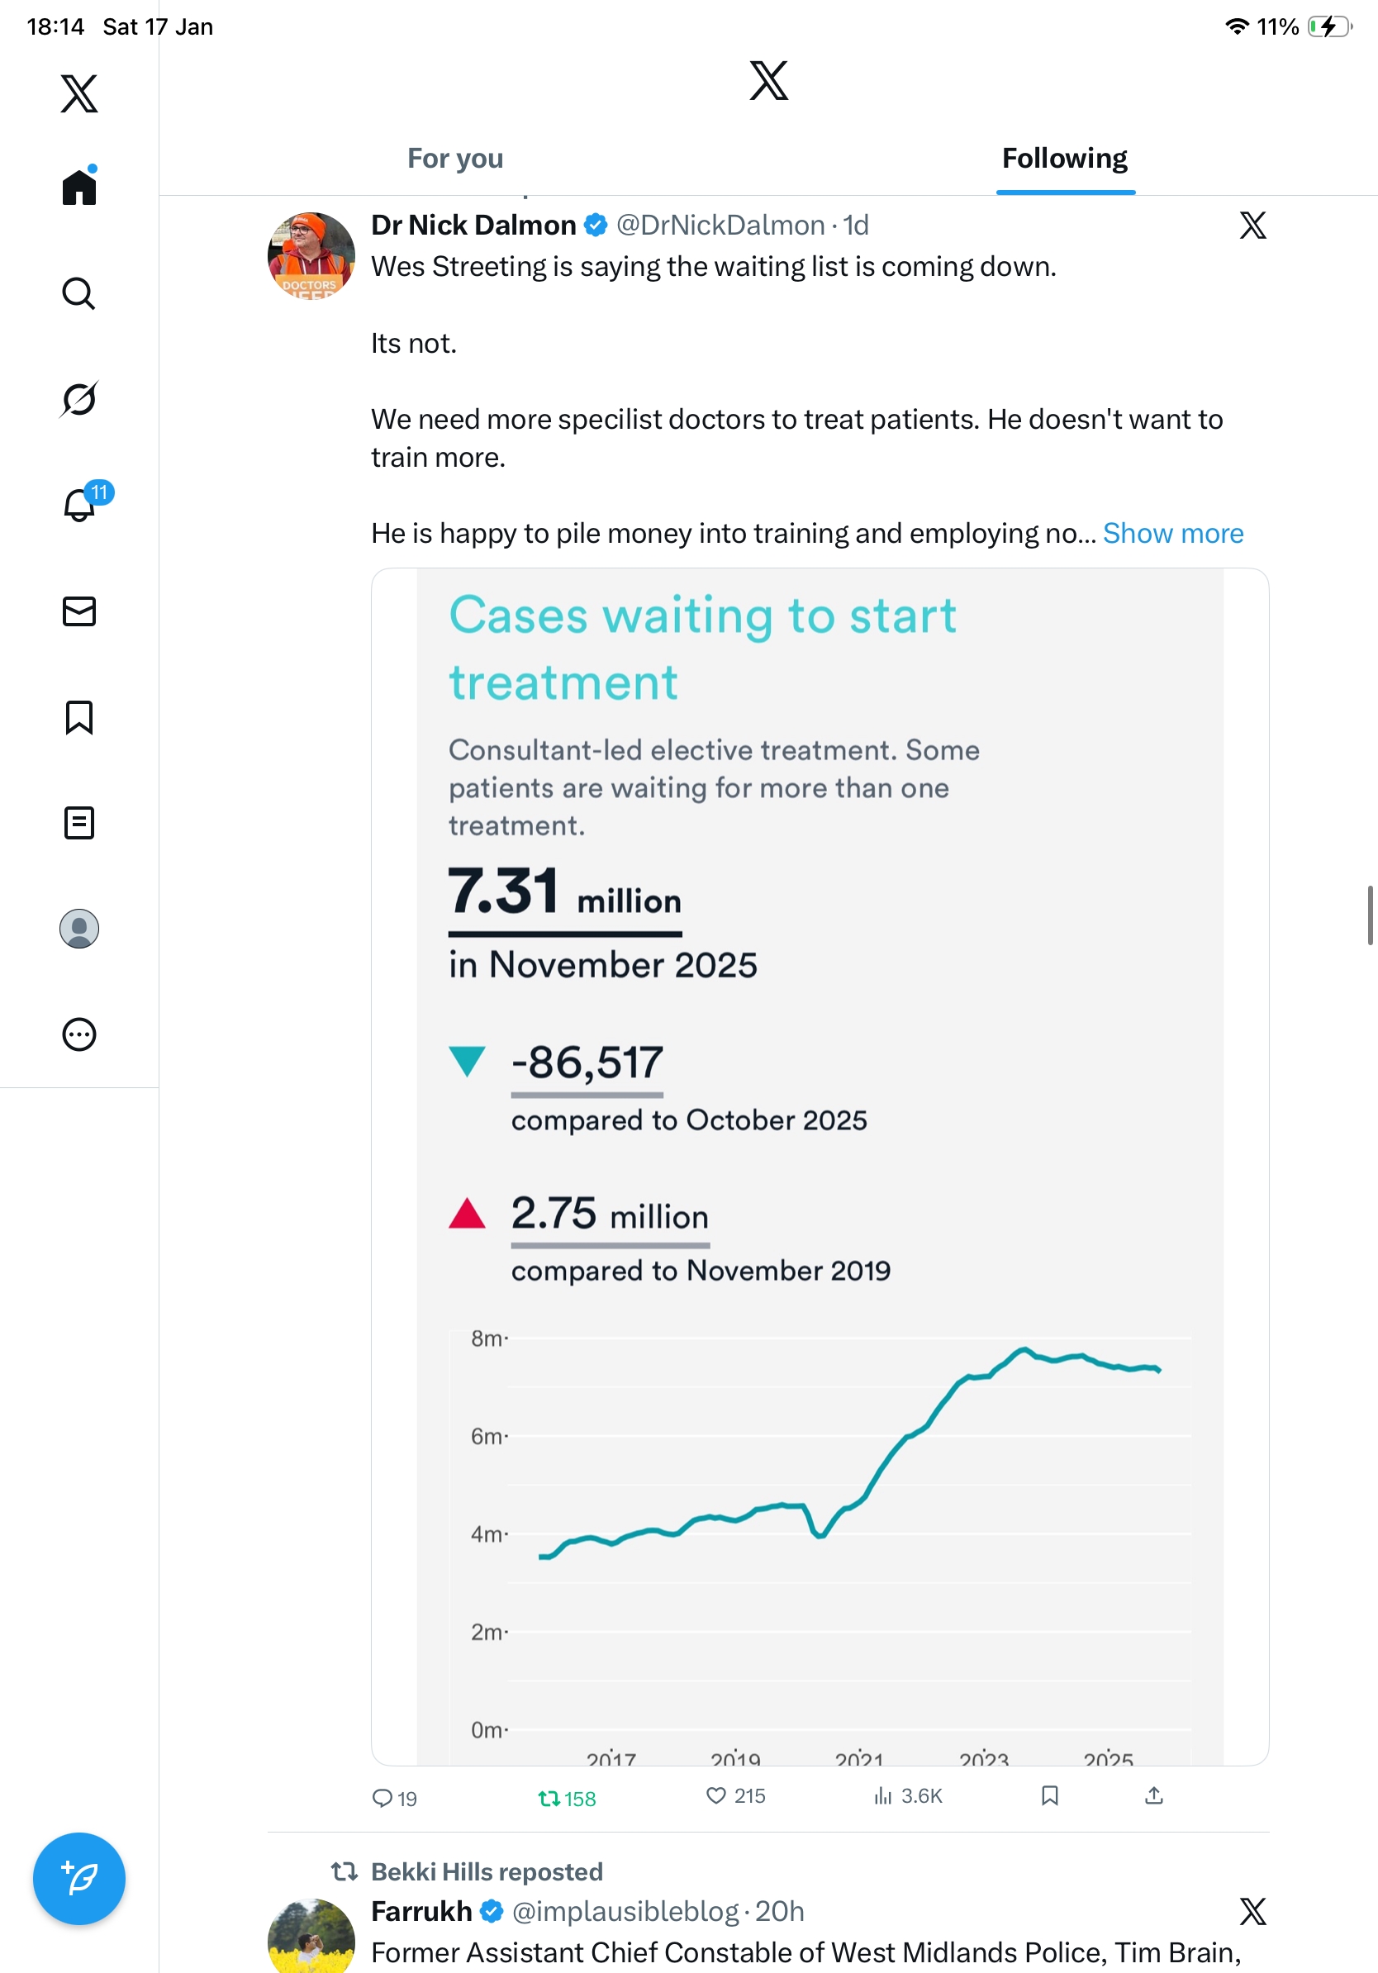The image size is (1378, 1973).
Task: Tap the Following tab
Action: click(1064, 159)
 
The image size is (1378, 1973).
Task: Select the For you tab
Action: click(455, 159)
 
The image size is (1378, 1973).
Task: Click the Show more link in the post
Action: click(1172, 534)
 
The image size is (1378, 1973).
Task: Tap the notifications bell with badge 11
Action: click(80, 505)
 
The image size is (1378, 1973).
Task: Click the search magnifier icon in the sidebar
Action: click(79, 294)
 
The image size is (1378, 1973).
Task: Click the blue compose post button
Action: click(79, 1879)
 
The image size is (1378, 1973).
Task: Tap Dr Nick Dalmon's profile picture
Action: click(311, 256)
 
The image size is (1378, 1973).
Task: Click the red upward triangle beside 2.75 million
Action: click(468, 1214)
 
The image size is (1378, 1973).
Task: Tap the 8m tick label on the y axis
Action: click(487, 1338)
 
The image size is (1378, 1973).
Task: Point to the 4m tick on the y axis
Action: click(487, 1534)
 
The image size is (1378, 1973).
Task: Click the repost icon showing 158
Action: click(549, 1798)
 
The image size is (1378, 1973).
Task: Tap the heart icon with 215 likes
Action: click(715, 1795)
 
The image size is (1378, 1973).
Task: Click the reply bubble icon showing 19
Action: click(382, 1798)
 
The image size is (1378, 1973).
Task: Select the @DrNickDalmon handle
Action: click(720, 225)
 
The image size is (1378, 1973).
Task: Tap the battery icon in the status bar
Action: click(1329, 26)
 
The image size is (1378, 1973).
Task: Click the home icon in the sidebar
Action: click(79, 187)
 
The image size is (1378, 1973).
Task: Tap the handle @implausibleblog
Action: click(625, 1911)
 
